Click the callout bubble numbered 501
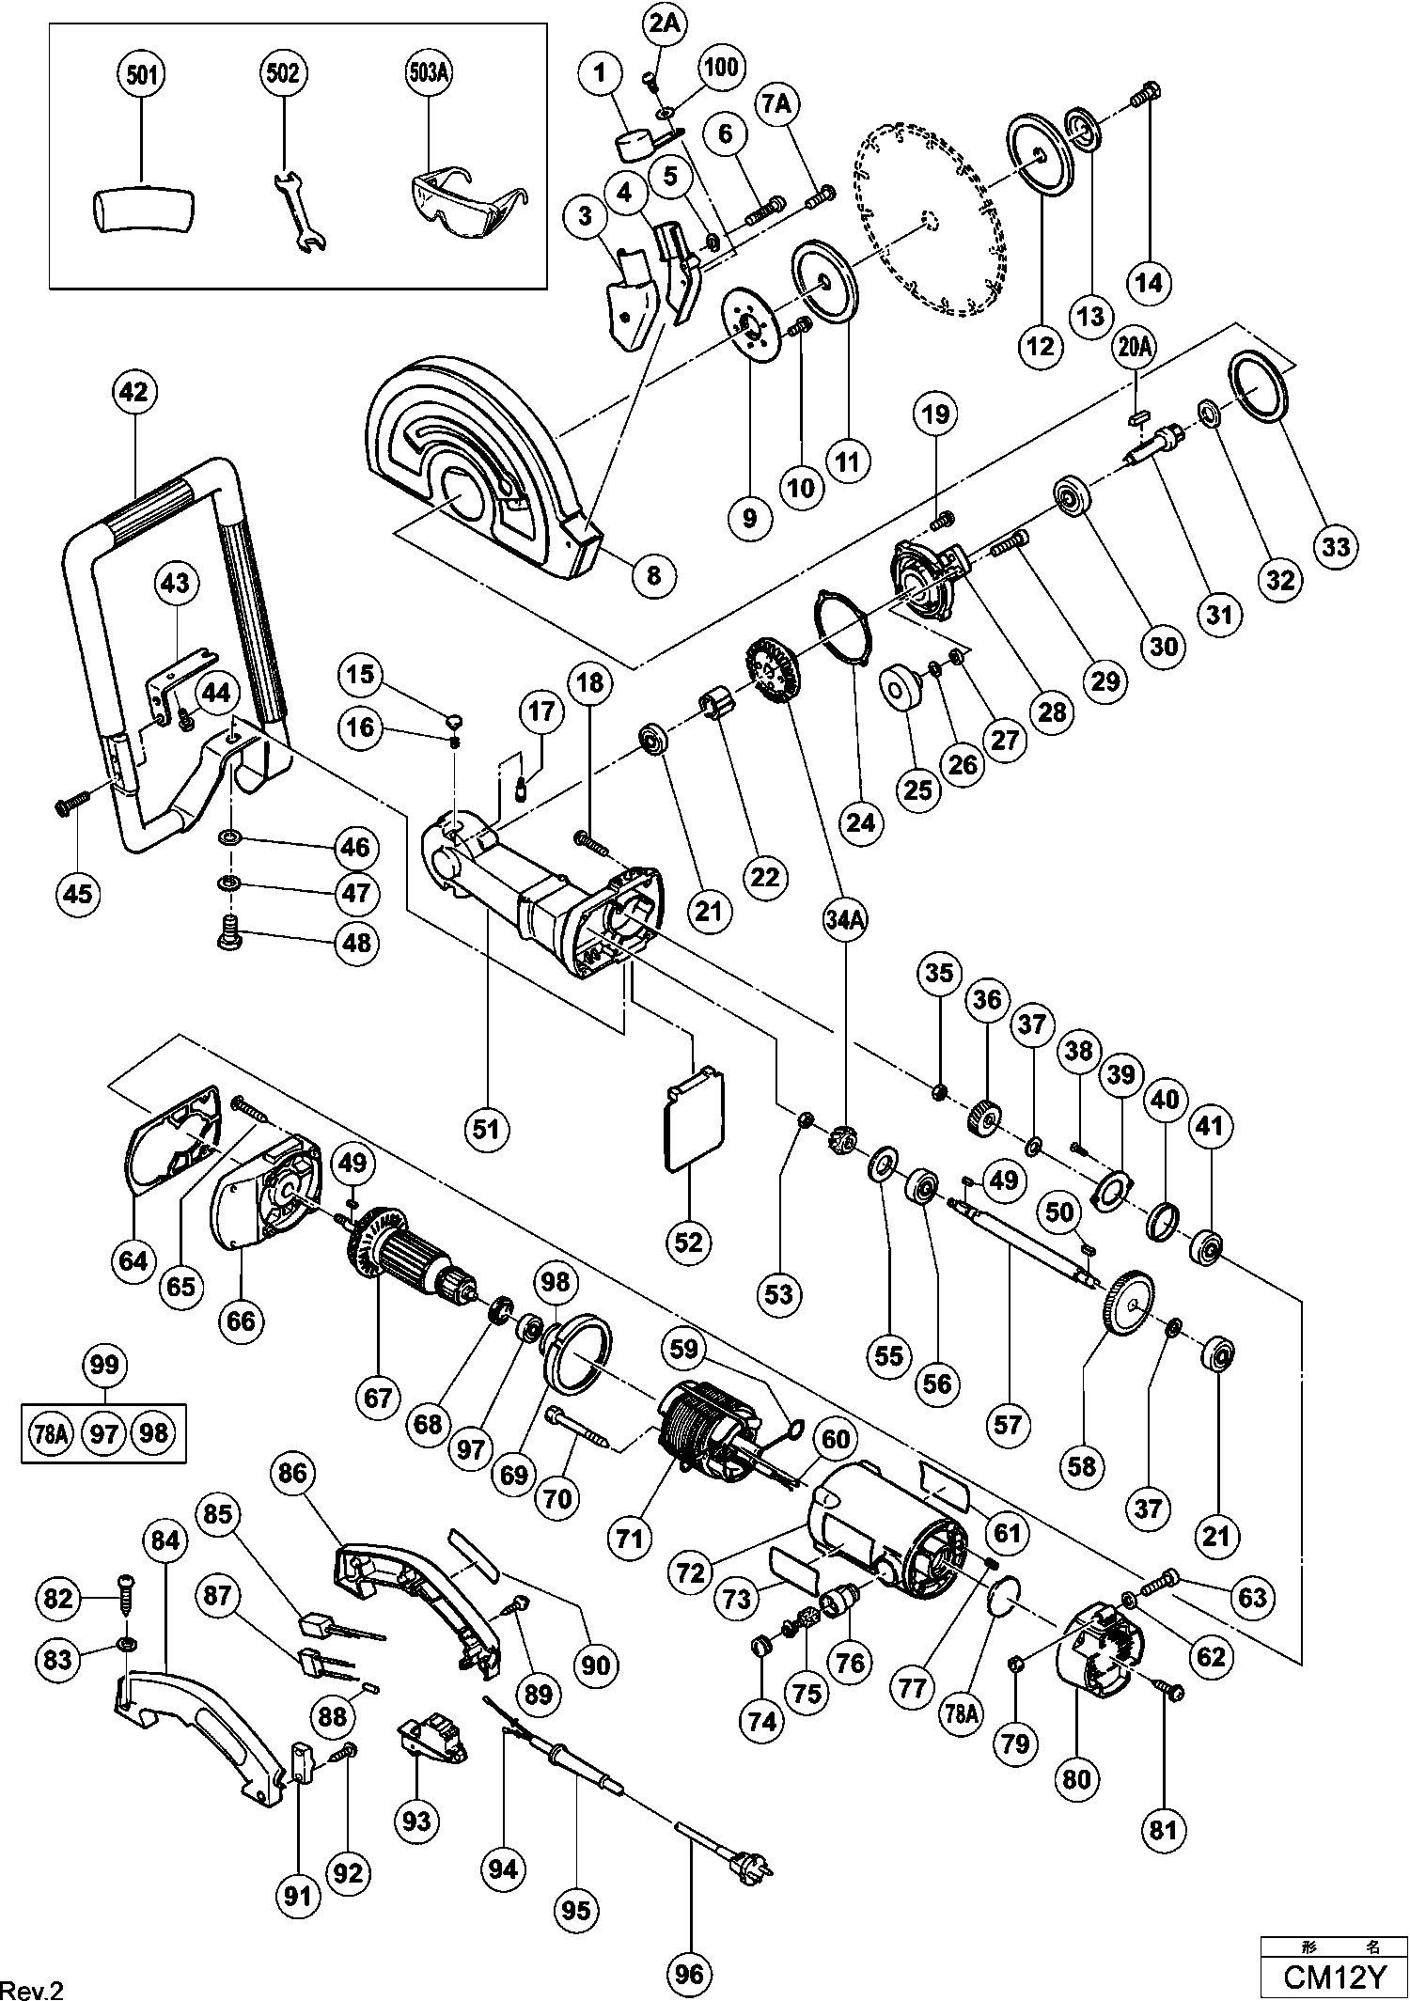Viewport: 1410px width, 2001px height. (x=141, y=74)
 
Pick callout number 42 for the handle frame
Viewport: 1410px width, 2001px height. (x=133, y=391)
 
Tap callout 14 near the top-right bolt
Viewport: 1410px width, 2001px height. (x=1149, y=282)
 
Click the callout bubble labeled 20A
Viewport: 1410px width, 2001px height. (x=1135, y=347)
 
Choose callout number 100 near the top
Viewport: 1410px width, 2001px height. (x=721, y=68)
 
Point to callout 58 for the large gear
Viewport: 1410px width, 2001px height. (x=1082, y=1465)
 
